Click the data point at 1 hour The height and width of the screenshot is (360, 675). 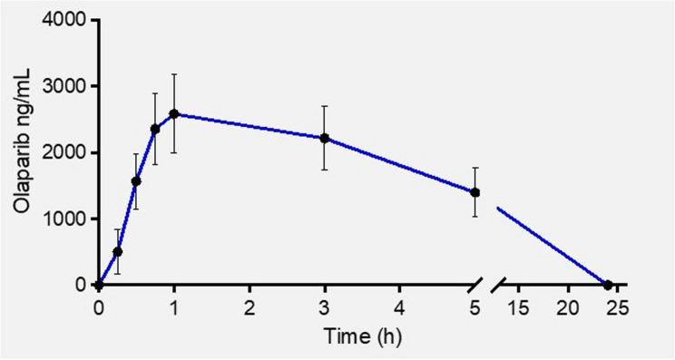point(174,114)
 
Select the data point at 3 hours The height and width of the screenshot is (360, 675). point(324,139)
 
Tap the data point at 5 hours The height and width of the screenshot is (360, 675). point(474,192)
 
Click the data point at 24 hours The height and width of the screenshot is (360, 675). point(608,285)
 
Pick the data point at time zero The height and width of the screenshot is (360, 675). point(99,285)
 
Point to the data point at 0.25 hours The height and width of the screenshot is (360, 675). point(117,251)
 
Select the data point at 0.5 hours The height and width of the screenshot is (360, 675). point(136,180)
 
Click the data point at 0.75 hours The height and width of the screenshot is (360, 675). point(155,129)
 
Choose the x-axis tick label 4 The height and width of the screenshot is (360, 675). point(399,306)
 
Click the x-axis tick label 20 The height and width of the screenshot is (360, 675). point(569,306)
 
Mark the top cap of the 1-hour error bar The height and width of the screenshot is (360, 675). point(174,74)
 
